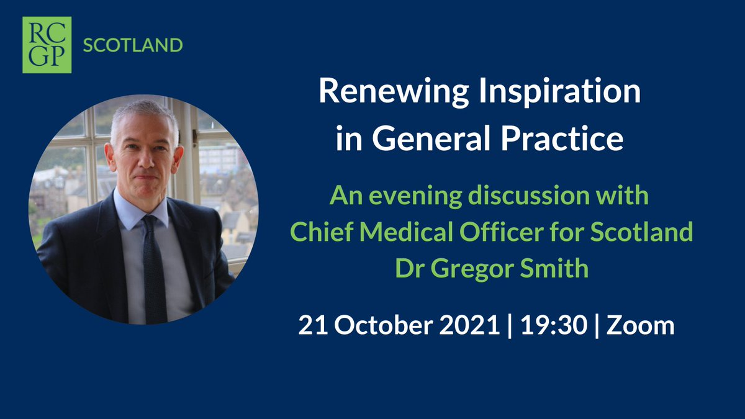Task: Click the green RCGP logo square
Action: [47, 45]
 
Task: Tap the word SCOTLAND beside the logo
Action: [132, 45]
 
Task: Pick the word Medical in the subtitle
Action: [395, 233]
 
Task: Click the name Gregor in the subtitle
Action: [472, 269]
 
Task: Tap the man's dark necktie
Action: [153, 267]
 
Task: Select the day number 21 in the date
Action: [312, 325]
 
